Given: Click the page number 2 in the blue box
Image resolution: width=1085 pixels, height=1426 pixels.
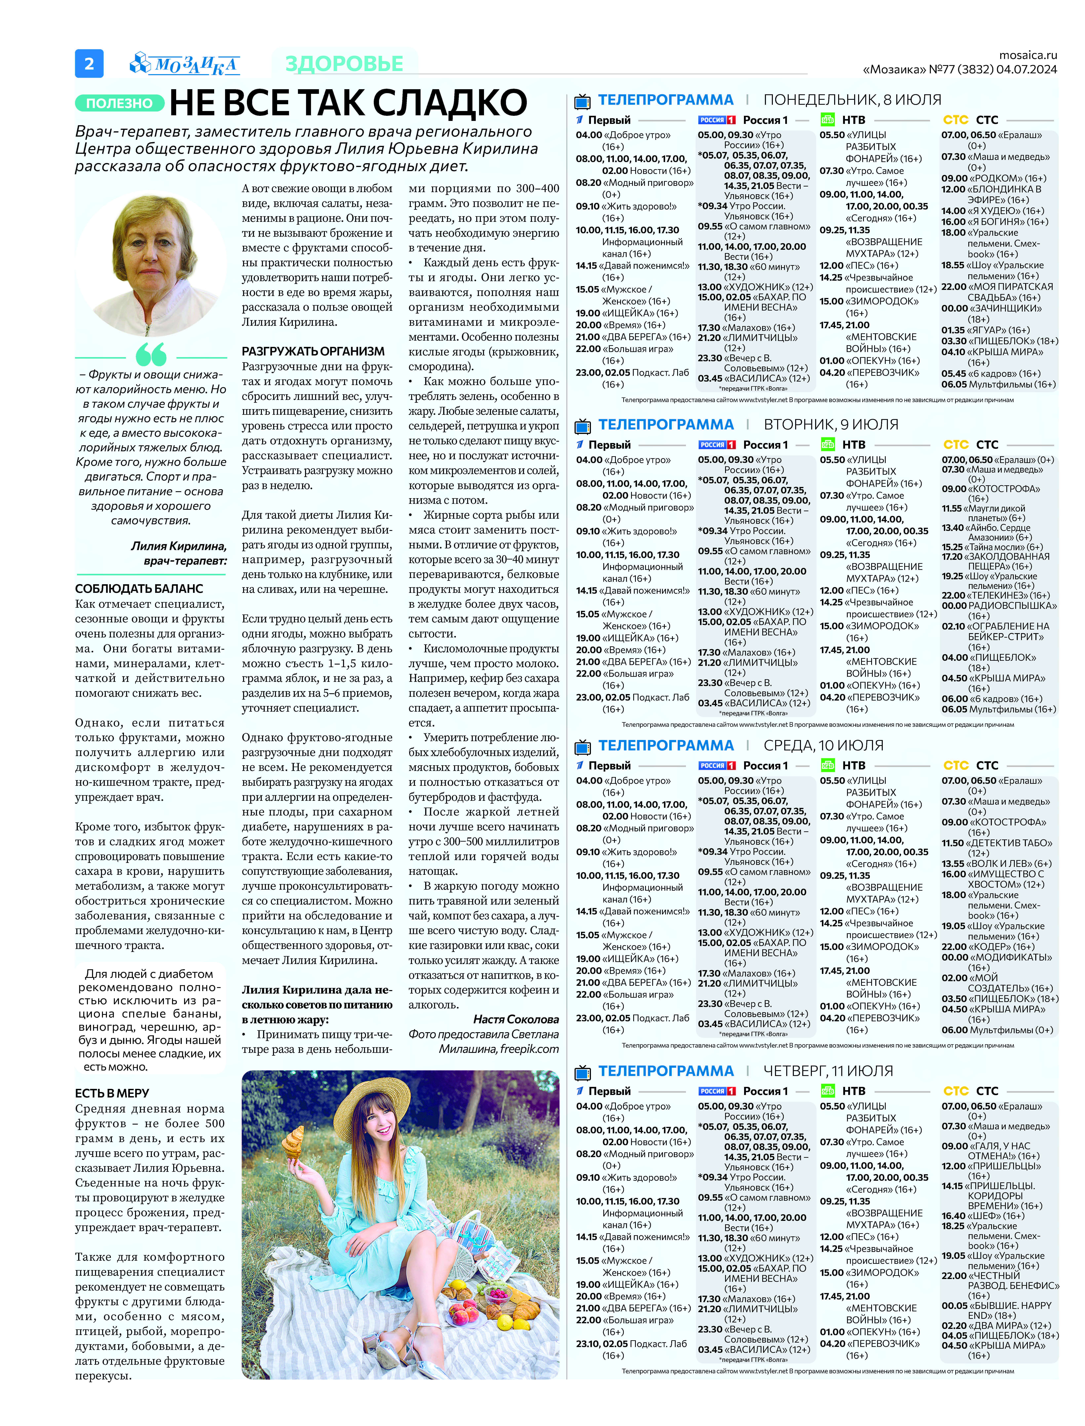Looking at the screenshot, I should pyautogui.click(x=89, y=63).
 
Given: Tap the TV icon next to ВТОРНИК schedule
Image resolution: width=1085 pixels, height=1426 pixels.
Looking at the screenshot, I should pyautogui.click(x=582, y=425).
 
